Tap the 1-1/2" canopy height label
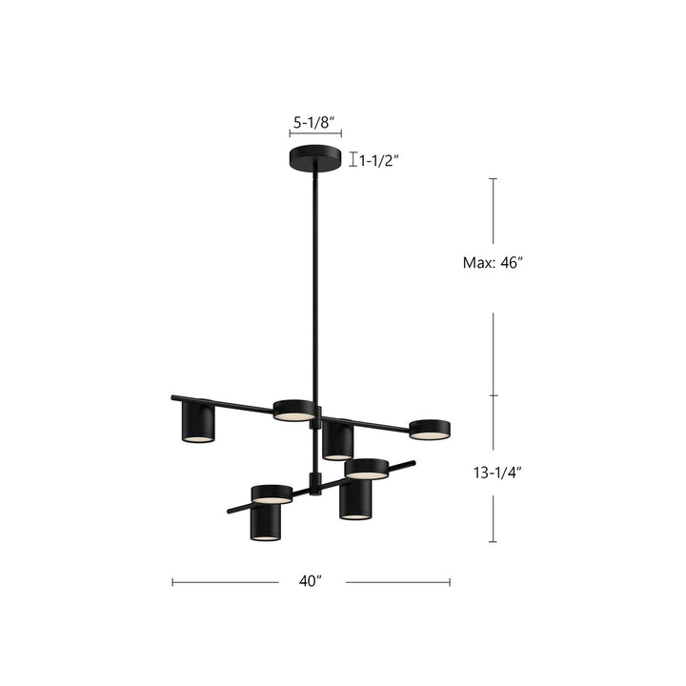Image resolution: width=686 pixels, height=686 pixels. (x=379, y=160)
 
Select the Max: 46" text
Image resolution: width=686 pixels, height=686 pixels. (x=488, y=264)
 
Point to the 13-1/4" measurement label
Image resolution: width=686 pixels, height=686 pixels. (x=492, y=471)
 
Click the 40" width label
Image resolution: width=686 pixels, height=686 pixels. (x=311, y=581)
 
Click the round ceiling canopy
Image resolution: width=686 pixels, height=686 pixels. (x=315, y=158)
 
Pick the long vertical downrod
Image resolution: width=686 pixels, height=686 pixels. (x=313, y=286)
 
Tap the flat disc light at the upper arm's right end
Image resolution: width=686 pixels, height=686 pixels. (x=429, y=429)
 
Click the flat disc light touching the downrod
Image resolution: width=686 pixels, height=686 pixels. (x=294, y=411)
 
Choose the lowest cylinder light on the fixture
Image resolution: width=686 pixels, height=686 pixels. (x=266, y=521)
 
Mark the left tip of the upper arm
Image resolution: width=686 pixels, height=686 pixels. (x=173, y=396)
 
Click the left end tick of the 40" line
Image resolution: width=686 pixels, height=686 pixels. (x=172, y=581)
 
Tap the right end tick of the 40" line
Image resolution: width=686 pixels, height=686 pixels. (x=450, y=581)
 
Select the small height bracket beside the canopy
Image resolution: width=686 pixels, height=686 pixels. (x=353, y=160)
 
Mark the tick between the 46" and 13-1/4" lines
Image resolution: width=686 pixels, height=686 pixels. (x=493, y=394)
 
